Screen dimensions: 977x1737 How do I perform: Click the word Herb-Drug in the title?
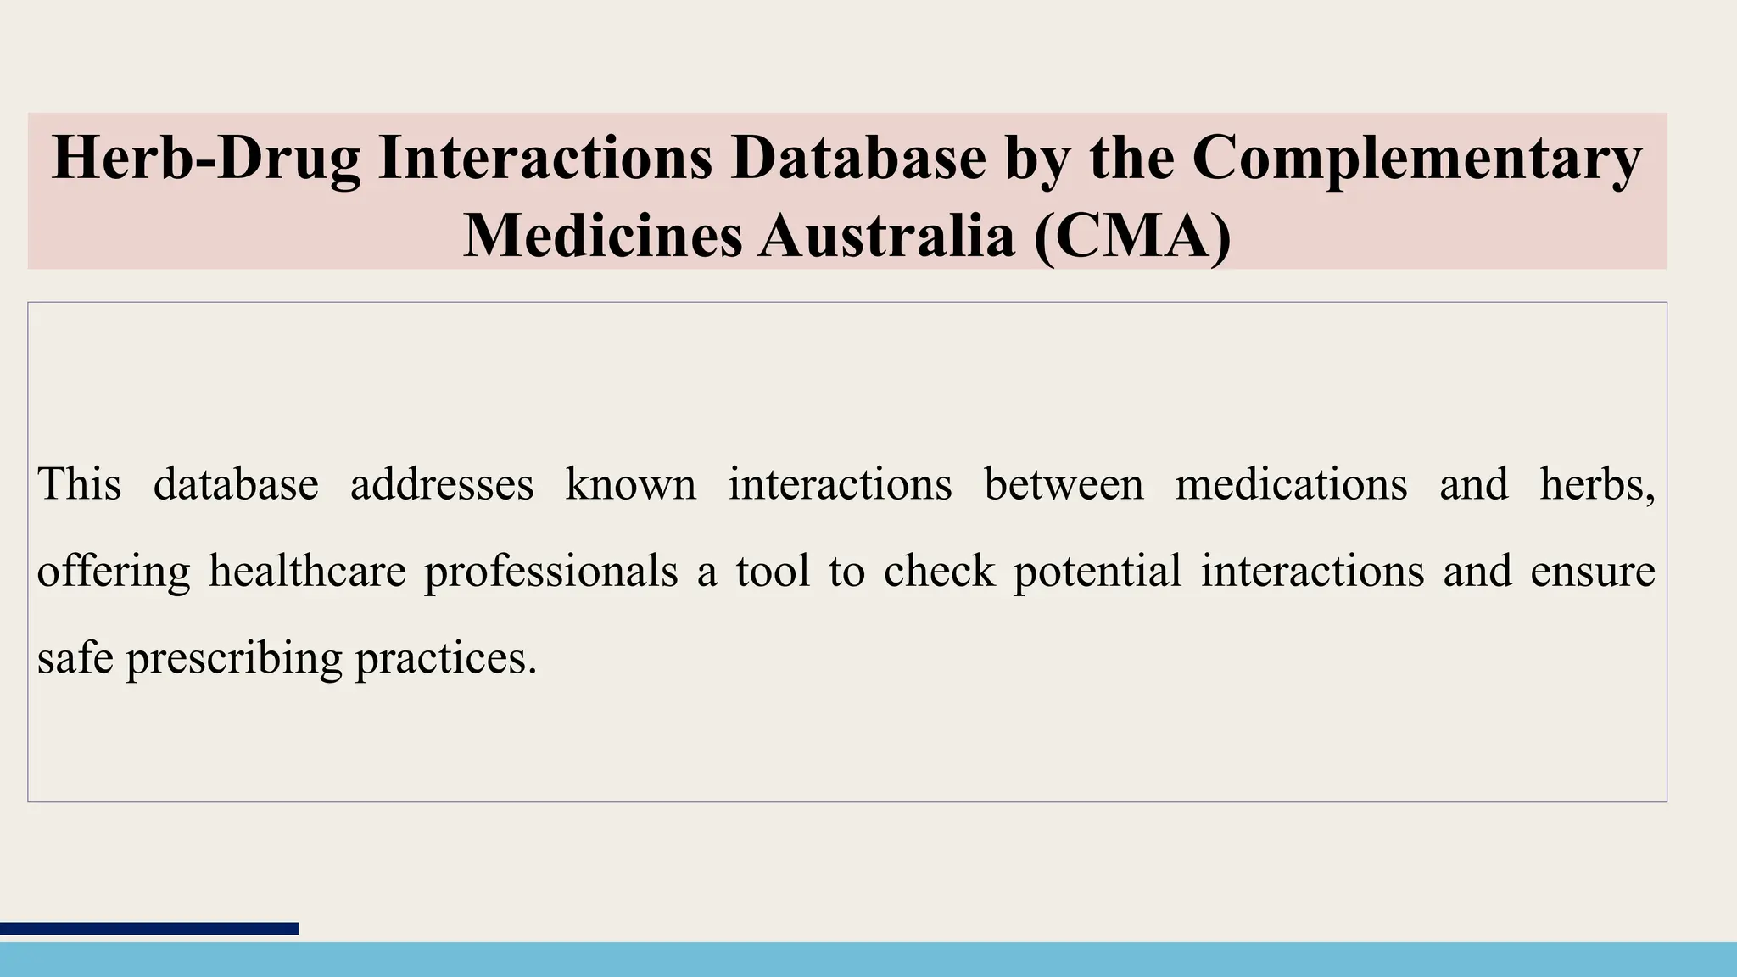pos(206,159)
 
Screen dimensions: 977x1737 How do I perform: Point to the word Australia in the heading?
pos(886,236)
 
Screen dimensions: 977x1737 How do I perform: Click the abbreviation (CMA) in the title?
pos(1132,236)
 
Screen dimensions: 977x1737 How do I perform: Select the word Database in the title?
pos(859,159)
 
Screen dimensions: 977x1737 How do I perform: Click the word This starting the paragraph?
pos(79,484)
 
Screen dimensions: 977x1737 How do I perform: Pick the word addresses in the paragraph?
pos(442,484)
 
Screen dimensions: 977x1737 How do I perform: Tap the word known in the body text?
pos(630,484)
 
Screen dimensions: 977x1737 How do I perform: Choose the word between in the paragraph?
pos(1064,484)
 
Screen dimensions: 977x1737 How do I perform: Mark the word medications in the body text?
pos(1291,484)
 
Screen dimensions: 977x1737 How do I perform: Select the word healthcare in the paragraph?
pos(308,571)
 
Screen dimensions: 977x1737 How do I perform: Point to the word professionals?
pos(551,571)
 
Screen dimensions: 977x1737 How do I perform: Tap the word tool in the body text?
pos(772,571)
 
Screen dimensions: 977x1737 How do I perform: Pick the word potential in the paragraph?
pos(1097,571)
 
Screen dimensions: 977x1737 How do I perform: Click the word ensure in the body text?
pos(1593,571)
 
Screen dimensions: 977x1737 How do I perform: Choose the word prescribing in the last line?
pos(234,658)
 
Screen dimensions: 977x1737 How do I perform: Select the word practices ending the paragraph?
pos(444,658)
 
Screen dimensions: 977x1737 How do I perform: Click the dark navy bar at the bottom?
pos(149,929)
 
